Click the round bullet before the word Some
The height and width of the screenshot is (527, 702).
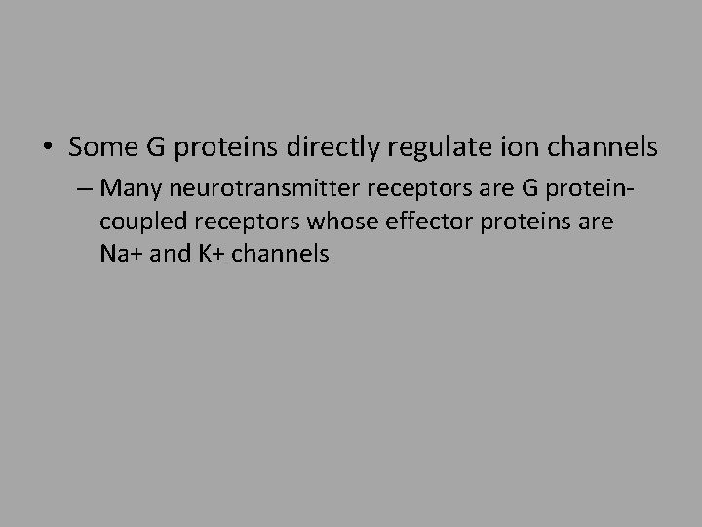[48, 147]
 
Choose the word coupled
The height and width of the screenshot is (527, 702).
[138, 222]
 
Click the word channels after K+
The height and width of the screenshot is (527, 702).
[283, 255]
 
